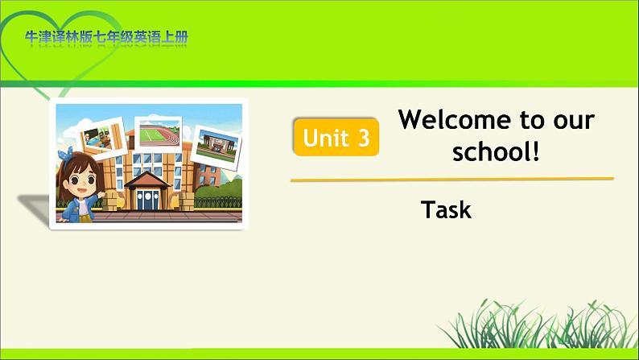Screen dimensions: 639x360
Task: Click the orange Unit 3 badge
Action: point(336,137)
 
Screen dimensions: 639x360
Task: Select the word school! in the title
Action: point(496,151)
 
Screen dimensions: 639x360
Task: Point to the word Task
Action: point(446,209)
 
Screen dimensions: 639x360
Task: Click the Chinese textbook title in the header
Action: point(107,37)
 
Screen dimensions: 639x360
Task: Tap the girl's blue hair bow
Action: point(65,154)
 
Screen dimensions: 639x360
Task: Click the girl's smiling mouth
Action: point(81,190)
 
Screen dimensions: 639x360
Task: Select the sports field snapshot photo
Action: point(158,134)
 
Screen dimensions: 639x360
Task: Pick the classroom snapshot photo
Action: point(101,138)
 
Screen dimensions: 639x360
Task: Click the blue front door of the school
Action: point(147,200)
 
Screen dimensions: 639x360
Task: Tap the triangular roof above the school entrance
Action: point(147,180)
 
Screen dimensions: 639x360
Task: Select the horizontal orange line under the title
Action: point(452,179)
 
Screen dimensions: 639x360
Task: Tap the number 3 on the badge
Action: point(364,138)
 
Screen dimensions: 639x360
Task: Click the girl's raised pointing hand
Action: point(101,194)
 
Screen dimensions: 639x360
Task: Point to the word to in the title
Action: point(532,120)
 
